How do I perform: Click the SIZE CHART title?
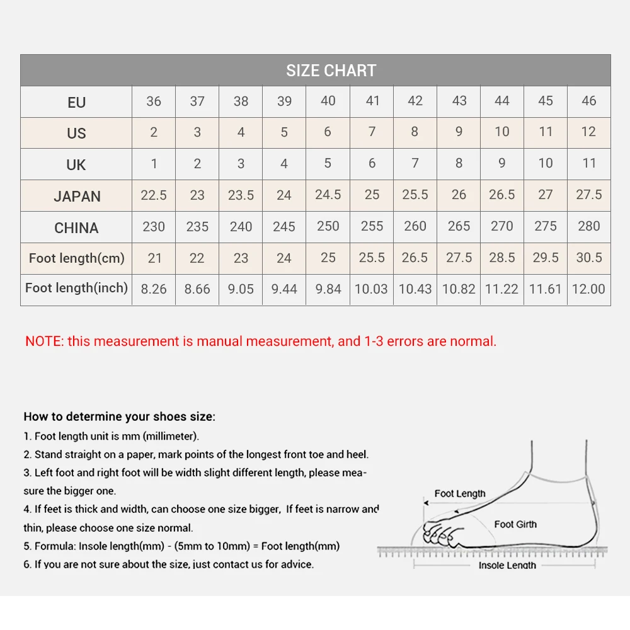point(331,71)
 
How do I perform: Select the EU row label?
point(76,102)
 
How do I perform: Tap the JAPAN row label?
point(76,196)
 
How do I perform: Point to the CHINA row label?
point(76,227)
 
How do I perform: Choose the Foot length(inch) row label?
point(76,289)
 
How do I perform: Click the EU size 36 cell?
point(154,101)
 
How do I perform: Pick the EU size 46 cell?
point(589,101)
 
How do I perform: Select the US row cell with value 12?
point(589,132)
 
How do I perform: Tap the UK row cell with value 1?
point(154,164)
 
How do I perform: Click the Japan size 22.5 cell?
point(154,195)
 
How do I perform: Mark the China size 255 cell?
point(372,227)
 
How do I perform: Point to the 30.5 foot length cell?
point(589,258)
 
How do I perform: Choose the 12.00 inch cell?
point(589,289)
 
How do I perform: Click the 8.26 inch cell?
point(154,289)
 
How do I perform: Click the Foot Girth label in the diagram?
point(515,524)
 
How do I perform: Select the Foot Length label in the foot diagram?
point(460,494)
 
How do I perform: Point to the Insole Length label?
point(507,565)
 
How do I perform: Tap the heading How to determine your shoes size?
point(119,416)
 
